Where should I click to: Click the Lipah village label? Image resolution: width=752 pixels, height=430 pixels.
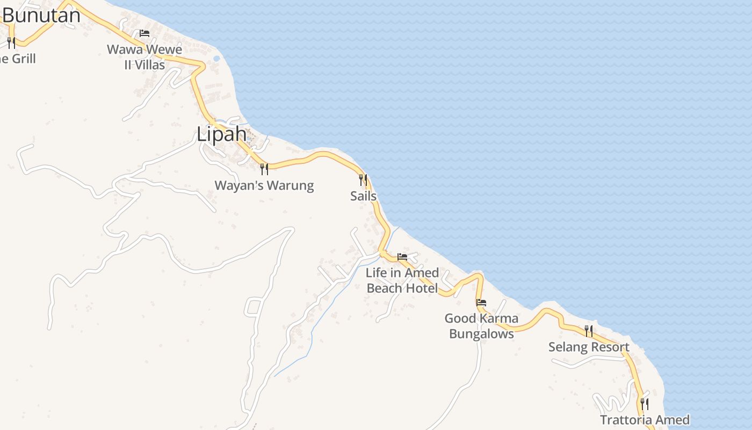pyautogui.click(x=221, y=134)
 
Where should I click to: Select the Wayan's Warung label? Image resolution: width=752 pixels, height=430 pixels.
pyautogui.click(x=264, y=185)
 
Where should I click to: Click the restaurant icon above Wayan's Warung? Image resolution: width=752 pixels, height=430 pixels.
pyautogui.click(x=264, y=169)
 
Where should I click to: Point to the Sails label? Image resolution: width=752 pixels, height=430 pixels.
pyautogui.click(x=363, y=196)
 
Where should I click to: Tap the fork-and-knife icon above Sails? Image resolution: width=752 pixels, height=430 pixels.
pyautogui.click(x=363, y=180)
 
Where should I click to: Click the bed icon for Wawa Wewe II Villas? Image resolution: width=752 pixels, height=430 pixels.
pyautogui.click(x=144, y=33)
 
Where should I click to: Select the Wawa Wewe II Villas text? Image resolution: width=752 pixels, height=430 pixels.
pyautogui.click(x=144, y=57)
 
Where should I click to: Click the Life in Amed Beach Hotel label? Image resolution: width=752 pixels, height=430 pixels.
pyautogui.click(x=402, y=280)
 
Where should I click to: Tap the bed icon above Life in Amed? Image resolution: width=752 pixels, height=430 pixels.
pyautogui.click(x=402, y=256)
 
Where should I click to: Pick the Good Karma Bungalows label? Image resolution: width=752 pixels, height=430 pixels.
pyautogui.click(x=481, y=326)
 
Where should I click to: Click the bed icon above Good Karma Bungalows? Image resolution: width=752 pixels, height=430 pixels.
pyautogui.click(x=481, y=303)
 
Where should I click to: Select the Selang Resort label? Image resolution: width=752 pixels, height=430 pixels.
pyautogui.click(x=589, y=347)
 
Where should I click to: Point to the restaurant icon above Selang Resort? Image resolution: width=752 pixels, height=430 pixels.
pyautogui.click(x=589, y=331)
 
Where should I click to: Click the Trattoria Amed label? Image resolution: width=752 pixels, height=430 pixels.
pyautogui.click(x=645, y=420)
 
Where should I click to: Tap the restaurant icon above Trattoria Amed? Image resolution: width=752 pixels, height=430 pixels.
pyautogui.click(x=645, y=403)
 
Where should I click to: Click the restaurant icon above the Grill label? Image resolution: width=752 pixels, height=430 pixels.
pyautogui.click(x=11, y=42)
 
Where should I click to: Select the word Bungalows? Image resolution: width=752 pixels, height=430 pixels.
pyautogui.click(x=481, y=334)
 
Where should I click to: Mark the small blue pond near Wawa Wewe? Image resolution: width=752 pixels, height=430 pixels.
pyautogui.click(x=216, y=58)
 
